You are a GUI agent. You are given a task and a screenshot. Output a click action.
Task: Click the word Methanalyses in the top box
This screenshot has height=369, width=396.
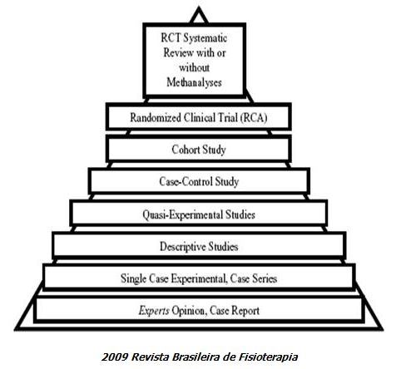194,82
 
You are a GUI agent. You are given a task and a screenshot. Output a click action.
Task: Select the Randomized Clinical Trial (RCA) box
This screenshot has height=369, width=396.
199,116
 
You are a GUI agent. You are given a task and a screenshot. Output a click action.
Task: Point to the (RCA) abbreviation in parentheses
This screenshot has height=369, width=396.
254,118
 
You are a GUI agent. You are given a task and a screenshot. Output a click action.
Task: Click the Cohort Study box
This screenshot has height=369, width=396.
199,149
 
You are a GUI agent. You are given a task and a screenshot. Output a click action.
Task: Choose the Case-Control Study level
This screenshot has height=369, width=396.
199,181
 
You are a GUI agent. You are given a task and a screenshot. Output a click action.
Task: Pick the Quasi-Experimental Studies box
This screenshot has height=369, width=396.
199,214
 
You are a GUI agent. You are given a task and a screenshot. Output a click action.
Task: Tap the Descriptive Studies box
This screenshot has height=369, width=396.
199,246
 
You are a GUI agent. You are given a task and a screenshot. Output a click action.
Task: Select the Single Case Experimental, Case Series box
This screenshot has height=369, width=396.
199,278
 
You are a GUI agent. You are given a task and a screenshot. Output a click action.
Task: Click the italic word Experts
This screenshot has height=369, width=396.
154,311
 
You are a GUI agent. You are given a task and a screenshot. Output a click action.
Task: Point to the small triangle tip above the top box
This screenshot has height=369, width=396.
199,7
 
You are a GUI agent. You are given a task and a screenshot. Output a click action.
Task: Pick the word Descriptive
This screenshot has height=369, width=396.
183,247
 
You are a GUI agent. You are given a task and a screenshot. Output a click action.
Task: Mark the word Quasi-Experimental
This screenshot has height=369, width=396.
182,214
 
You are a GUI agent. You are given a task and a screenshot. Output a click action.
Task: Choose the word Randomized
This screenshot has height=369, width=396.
156,118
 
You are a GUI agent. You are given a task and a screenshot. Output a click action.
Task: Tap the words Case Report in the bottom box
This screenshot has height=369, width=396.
235,311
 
